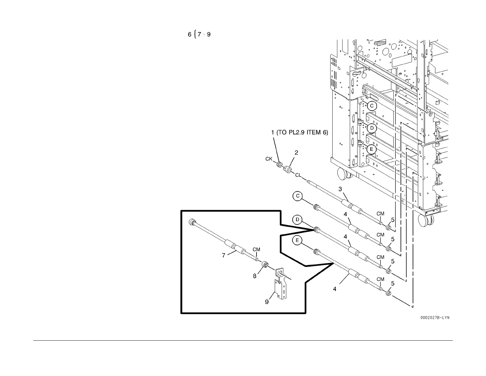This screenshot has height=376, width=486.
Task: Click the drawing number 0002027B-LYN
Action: click(434, 318)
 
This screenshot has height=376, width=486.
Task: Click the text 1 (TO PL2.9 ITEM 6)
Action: click(299, 133)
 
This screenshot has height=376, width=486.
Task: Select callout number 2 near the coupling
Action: click(296, 153)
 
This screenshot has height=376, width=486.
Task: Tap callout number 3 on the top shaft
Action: click(340, 189)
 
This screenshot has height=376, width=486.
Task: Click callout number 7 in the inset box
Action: click(224, 255)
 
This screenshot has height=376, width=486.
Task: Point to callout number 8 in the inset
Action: click(255, 276)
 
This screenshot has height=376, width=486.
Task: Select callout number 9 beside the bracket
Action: click(267, 302)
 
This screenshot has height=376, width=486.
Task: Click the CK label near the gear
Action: click(269, 159)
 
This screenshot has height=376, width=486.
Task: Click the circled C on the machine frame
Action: click(372, 106)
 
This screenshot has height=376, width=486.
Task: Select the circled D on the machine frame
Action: click(372, 128)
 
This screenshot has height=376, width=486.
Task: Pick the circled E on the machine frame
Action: click(372, 149)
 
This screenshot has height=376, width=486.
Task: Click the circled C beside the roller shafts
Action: click(298, 196)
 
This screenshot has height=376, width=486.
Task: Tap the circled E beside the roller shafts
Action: click(297, 241)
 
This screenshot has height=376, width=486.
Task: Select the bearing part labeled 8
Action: click(265, 264)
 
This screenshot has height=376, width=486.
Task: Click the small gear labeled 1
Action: click(280, 165)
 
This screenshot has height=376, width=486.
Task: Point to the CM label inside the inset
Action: click(256, 249)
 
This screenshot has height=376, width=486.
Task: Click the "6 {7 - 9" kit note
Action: click(199, 34)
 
